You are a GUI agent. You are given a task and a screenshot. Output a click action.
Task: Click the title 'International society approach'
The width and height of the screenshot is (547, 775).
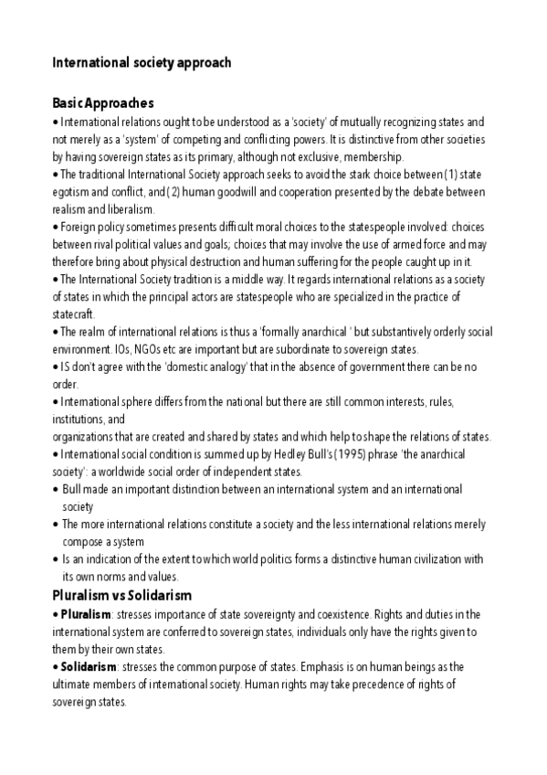click(x=142, y=63)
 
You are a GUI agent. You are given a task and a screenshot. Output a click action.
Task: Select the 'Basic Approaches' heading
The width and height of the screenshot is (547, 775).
click(x=103, y=103)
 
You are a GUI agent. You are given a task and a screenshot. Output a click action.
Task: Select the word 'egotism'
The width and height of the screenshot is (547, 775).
click(x=74, y=192)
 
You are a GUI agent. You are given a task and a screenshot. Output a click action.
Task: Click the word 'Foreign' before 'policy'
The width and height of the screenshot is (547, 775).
click(x=79, y=228)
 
